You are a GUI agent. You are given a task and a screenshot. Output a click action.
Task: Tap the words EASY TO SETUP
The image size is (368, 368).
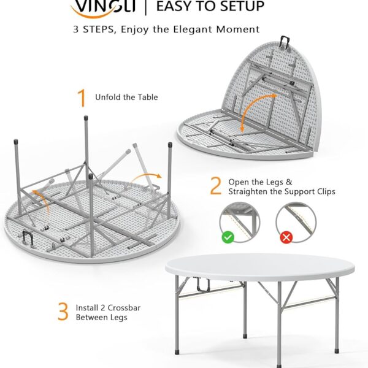(210, 7)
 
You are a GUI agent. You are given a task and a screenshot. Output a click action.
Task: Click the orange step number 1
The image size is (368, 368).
(81, 98)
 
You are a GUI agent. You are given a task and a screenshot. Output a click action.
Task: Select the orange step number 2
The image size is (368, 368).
(215, 186)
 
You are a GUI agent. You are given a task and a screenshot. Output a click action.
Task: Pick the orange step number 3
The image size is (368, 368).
(63, 312)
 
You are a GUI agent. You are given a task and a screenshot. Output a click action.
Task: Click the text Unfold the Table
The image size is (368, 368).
(126, 97)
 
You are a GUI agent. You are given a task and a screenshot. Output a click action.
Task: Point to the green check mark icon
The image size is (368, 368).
(228, 236)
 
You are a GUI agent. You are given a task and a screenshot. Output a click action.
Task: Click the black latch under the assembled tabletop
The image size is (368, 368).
(201, 284)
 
